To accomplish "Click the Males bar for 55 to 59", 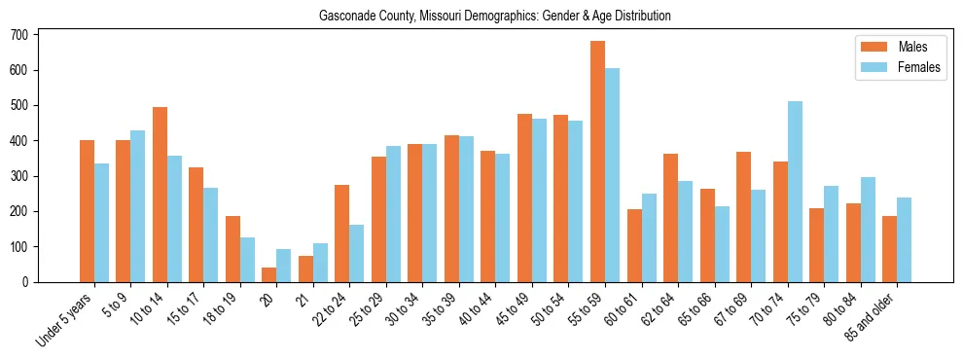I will pos(597,162).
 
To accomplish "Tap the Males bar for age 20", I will pos(269,274).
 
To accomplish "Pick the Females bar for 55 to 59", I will pos(612,175).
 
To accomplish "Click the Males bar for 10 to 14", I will pos(160,195).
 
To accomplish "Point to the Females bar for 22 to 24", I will pos(357,253).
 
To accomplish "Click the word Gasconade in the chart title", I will pos(345,17).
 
